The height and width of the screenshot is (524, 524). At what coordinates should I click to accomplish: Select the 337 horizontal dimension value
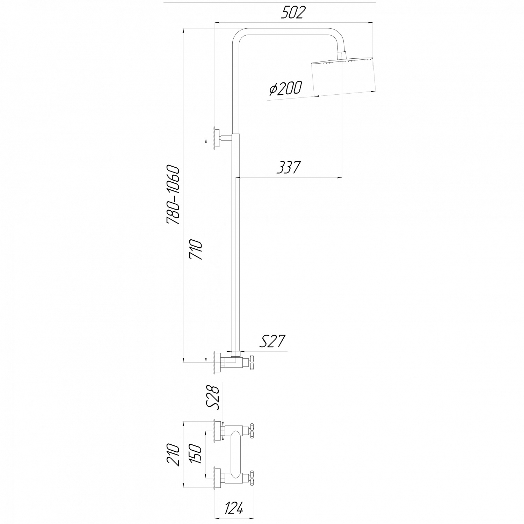(x=288, y=167)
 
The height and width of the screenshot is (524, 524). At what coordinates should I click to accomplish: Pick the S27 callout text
(x=272, y=342)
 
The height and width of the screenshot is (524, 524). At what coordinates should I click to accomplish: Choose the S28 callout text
(x=213, y=397)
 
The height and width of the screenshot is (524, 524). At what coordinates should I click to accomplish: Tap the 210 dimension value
(x=173, y=455)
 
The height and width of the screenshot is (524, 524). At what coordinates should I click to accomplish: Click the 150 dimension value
(x=196, y=453)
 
